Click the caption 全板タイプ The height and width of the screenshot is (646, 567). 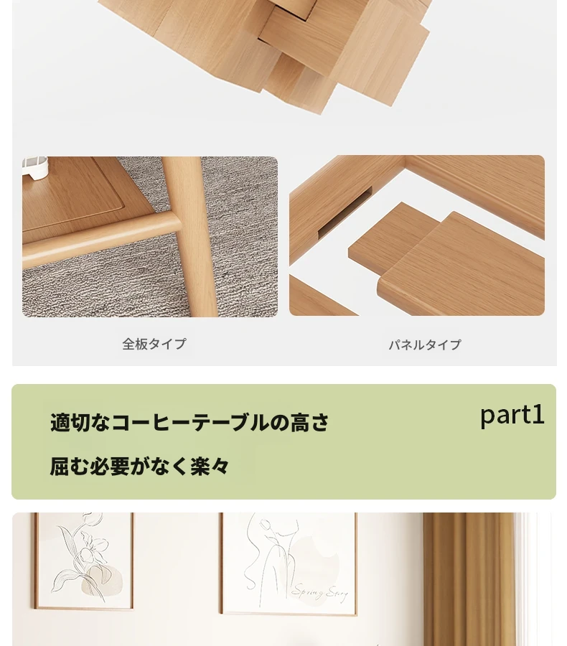point(154,344)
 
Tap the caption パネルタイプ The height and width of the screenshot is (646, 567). point(425,345)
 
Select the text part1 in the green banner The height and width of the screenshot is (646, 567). point(512,416)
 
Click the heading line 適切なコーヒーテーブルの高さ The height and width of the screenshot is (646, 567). point(189,423)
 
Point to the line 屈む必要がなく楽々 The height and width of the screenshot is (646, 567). point(139,467)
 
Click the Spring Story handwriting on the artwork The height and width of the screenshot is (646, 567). point(320,592)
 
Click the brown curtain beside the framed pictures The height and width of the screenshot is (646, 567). point(469,579)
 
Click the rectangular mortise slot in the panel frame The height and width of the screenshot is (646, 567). point(345,212)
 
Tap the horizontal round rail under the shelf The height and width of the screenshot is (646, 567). point(101,243)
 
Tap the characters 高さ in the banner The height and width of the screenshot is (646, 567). point(310,423)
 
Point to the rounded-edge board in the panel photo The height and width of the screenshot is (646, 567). point(461,263)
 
